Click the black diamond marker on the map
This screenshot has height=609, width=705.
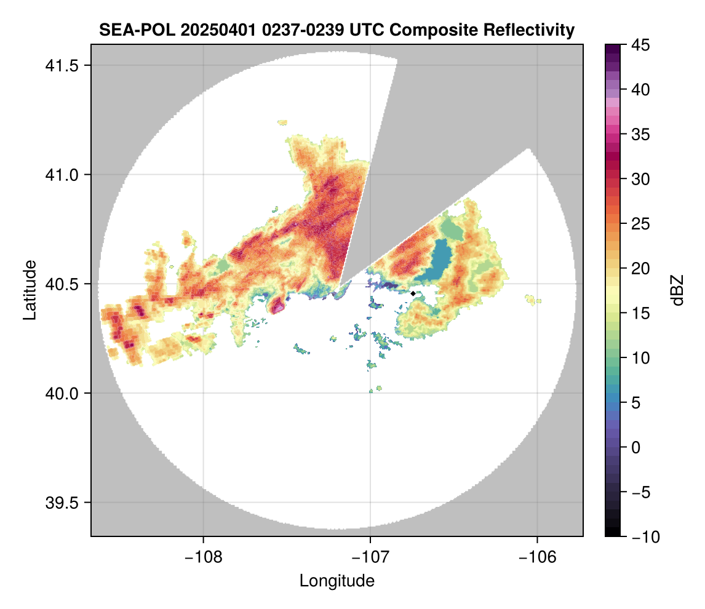pyautogui.click(x=413, y=293)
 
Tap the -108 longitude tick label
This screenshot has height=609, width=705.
pyautogui.click(x=203, y=557)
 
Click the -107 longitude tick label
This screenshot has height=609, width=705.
pyautogui.click(x=370, y=557)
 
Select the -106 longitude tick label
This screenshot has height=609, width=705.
pyautogui.click(x=538, y=557)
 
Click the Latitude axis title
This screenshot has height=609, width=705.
pyautogui.click(x=30, y=289)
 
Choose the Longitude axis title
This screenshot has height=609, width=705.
pyautogui.click(x=337, y=580)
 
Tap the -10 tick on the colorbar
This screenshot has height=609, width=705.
pyautogui.click(x=640, y=537)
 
